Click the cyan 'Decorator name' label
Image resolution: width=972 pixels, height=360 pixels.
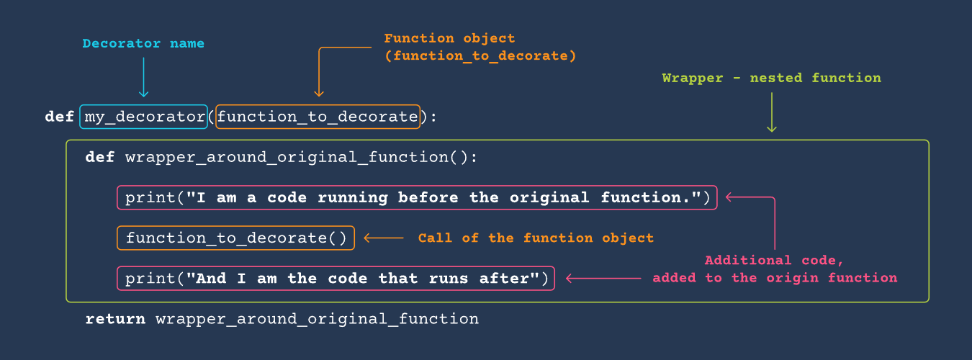pyautogui.click(x=143, y=44)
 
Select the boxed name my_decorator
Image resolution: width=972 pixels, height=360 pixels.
pyautogui.click(x=145, y=117)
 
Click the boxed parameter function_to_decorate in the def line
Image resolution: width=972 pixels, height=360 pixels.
pyautogui.click(x=318, y=117)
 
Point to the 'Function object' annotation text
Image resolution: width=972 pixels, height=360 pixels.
pyautogui.click(x=449, y=39)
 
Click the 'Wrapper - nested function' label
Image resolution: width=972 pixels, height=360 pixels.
pyautogui.click(x=771, y=78)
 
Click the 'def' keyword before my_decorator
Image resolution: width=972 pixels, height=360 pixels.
pyautogui.click(x=59, y=117)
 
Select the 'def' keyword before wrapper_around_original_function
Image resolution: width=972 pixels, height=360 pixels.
pyautogui.click(x=99, y=157)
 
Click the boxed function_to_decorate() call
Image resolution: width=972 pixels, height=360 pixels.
pyautogui.click(x=236, y=238)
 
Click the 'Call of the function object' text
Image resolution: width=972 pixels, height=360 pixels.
pyautogui.click(x=536, y=238)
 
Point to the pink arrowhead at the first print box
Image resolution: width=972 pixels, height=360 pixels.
pyautogui.click(x=729, y=197)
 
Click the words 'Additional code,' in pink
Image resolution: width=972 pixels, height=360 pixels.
pyautogui.click(x=774, y=261)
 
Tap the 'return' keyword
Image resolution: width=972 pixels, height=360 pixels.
pyautogui.click(x=114, y=319)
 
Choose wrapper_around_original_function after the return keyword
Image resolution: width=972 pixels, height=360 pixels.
pyautogui.click(x=317, y=319)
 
